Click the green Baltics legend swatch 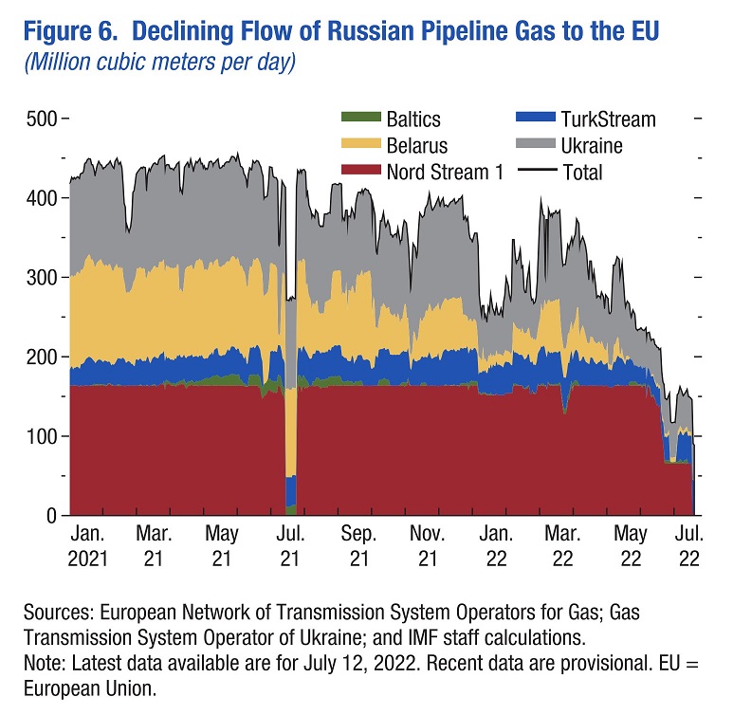coord(360,119)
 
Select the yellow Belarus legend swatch coord(360,146)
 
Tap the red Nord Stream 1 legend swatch coord(360,172)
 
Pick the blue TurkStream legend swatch coord(536,119)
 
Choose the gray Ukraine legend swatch coord(536,146)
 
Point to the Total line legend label coord(582,173)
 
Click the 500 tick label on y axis coord(42,119)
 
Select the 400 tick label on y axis coord(42,199)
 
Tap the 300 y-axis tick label coord(42,278)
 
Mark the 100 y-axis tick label coord(42,436)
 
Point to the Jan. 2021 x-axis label coord(87,547)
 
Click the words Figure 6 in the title coord(71,31)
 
